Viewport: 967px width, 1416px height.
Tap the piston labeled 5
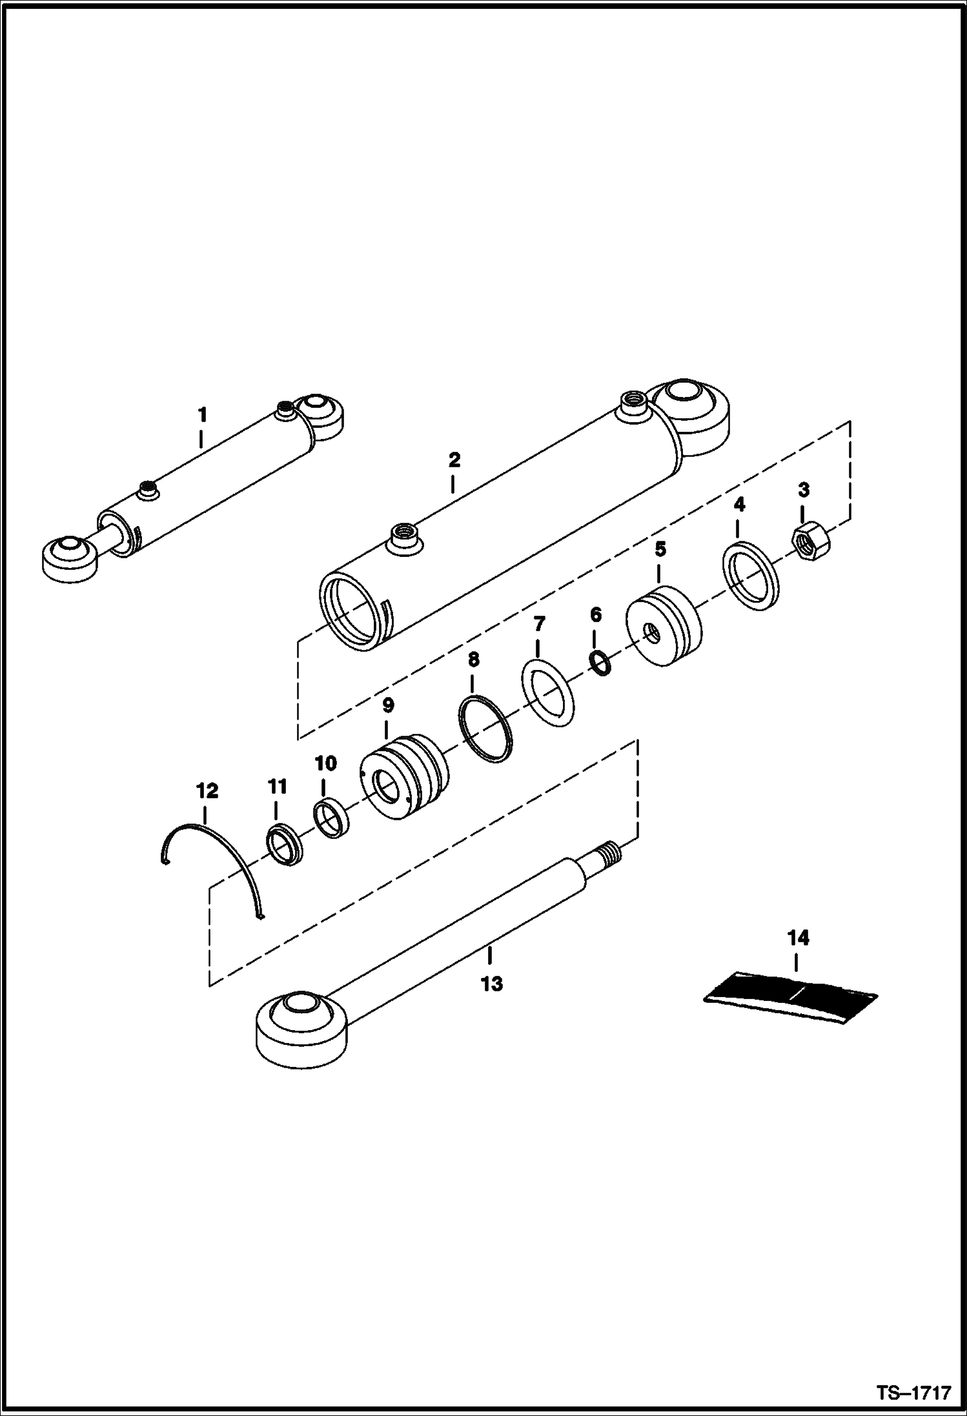664,626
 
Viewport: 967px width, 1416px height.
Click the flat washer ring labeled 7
547,693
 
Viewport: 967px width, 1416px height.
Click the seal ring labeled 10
331,819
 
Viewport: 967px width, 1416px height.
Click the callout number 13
492,984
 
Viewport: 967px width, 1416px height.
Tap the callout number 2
454,460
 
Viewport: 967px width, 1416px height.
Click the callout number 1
202,414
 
